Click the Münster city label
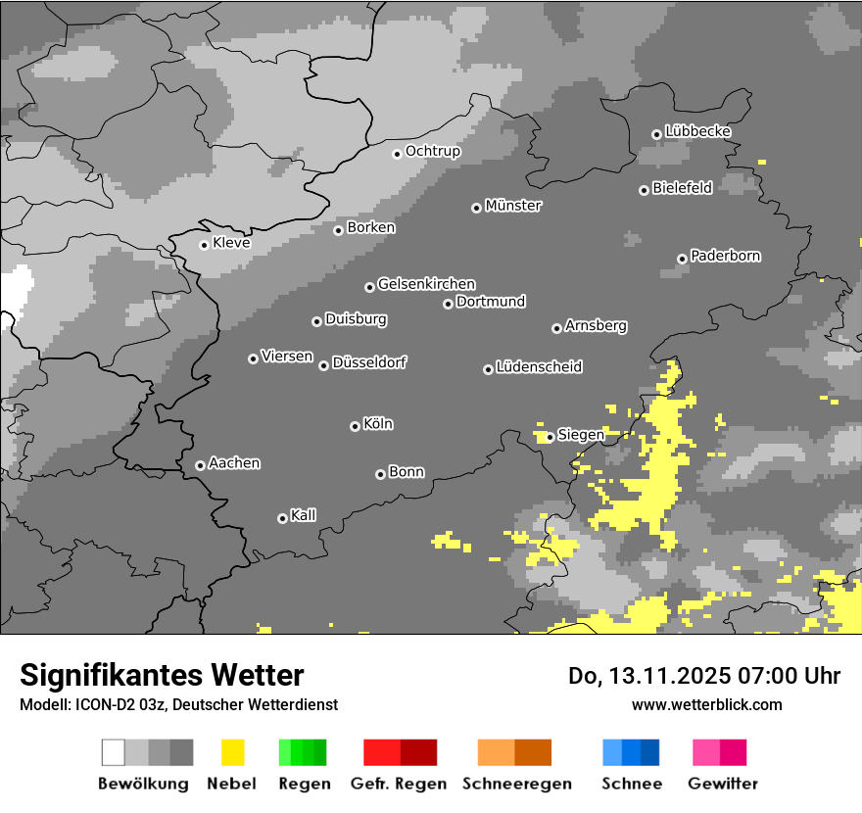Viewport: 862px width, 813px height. [x=513, y=206]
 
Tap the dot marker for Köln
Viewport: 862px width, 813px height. [x=355, y=426]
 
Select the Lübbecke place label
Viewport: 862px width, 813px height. [x=697, y=131]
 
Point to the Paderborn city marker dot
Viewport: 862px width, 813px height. [x=682, y=259]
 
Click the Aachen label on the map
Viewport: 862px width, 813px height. [x=234, y=463]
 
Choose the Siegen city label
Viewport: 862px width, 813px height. [x=581, y=434]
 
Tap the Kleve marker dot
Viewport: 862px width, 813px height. [x=204, y=245]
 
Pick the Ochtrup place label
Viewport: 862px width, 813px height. [x=432, y=151]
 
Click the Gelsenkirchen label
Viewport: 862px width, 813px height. [x=426, y=284]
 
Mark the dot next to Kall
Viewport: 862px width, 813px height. [x=282, y=518]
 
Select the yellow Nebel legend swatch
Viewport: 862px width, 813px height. [x=232, y=752]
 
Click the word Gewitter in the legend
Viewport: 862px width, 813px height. [x=722, y=784]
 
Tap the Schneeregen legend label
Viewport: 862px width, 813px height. [x=516, y=784]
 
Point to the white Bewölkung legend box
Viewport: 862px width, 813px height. [x=114, y=752]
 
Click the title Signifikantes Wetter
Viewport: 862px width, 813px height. [x=162, y=675]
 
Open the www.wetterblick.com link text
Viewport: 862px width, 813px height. [x=706, y=704]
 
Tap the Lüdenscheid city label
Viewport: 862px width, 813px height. [x=539, y=366]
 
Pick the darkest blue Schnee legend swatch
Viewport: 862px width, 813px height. [x=650, y=752]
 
